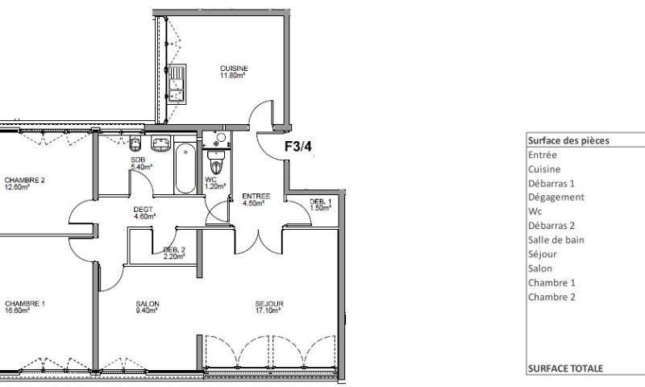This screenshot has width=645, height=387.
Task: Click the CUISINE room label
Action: (234, 69)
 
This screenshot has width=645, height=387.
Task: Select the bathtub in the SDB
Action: (185, 168)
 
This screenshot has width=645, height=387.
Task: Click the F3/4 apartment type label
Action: (299, 147)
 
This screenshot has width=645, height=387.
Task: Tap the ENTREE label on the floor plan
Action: (256, 197)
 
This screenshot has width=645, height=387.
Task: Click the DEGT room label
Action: (144, 210)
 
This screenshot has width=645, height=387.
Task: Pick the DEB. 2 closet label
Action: (174, 250)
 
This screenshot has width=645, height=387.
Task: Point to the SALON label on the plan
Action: (148, 304)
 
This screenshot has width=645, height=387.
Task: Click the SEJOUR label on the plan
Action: (269, 304)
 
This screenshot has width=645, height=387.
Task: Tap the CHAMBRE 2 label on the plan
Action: (23, 180)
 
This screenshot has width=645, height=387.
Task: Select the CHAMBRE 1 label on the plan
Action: (23, 304)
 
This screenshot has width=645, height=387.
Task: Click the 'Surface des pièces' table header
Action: (568, 140)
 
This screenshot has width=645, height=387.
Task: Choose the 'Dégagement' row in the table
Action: (556, 197)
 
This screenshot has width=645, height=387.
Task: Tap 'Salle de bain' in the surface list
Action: (556, 239)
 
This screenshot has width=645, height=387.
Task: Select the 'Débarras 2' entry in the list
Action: (551, 226)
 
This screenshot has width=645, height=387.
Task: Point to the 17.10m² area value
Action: (269, 311)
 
